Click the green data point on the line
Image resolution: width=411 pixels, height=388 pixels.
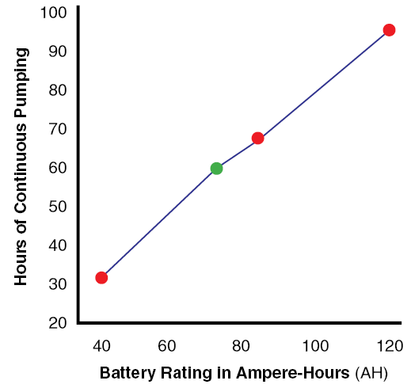[216, 168]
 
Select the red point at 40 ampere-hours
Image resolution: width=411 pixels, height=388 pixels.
[101, 277]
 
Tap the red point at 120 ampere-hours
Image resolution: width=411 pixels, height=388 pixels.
[389, 30]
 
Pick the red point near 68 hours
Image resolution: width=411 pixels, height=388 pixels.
[257, 138]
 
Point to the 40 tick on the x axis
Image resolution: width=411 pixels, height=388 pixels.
[101, 345]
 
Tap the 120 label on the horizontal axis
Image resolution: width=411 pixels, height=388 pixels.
[389, 345]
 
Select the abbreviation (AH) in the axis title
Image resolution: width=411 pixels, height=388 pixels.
[371, 372]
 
